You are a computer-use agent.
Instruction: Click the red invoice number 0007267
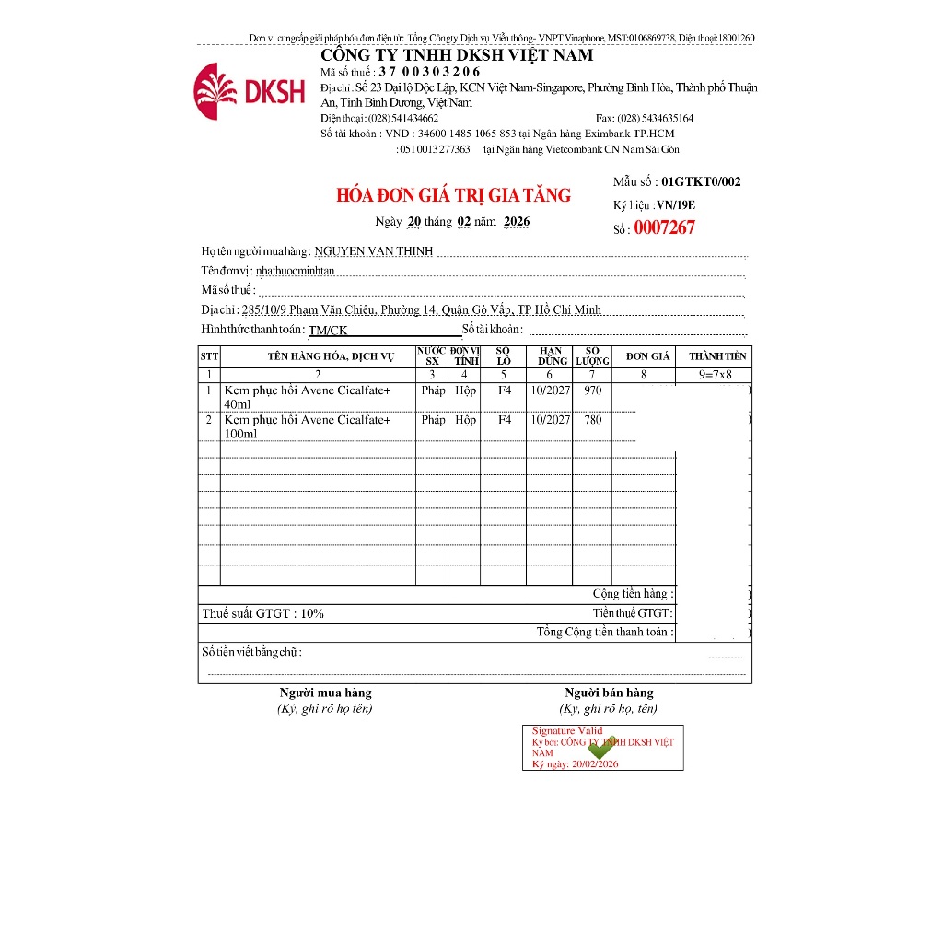[664, 228]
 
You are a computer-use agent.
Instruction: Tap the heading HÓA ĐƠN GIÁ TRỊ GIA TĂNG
[453, 195]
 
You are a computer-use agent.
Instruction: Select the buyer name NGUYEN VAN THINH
[373, 251]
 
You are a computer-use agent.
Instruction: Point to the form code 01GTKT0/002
[701, 182]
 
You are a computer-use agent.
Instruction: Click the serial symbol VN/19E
[677, 205]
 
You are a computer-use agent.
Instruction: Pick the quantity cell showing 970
[592, 390]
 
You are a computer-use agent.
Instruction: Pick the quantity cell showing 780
[592, 420]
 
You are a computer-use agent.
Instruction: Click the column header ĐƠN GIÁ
[647, 356]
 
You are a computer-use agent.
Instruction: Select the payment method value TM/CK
[328, 330]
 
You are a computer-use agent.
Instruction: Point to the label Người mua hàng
[325, 693]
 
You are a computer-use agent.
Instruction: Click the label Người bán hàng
[609, 693]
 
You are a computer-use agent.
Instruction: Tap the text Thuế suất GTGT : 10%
[263, 613]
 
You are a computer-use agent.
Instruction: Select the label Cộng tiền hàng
[633, 594]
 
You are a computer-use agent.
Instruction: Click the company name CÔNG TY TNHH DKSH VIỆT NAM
[457, 55]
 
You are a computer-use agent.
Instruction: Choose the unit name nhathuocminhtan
[295, 271]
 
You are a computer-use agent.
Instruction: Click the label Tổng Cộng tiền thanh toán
[605, 633]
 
